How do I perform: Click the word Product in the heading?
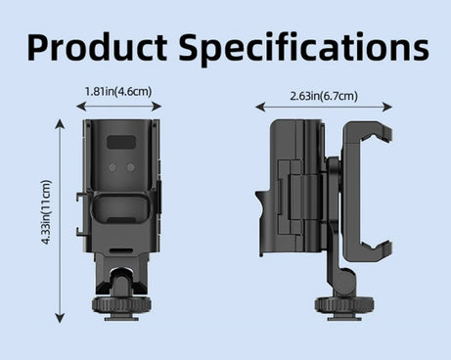pyautogui.click(x=97, y=47)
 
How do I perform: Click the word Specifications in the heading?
pyautogui.click(x=303, y=48)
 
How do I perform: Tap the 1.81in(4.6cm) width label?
pyautogui.click(x=118, y=91)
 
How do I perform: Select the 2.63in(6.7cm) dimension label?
pyautogui.click(x=324, y=96)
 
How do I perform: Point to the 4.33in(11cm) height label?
pyautogui.click(x=47, y=212)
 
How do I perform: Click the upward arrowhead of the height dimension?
pyautogui.click(x=60, y=123)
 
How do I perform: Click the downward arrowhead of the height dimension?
pyautogui.click(x=60, y=318)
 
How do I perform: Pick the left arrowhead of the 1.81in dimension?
pyautogui.click(x=80, y=107)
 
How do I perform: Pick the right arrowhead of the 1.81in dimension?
pyautogui.click(x=158, y=107)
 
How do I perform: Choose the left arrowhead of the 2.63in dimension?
pyautogui.click(x=260, y=107)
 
